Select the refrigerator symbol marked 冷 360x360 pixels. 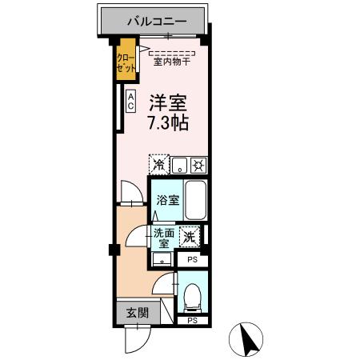(159, 166)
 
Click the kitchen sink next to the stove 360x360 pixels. (180, 166)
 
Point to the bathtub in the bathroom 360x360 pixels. (196, 202)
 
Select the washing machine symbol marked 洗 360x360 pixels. (190, 237)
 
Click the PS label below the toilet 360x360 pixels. (191, 320)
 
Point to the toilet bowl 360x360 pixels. (191, 297)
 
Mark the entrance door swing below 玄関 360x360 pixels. (136, 340)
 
